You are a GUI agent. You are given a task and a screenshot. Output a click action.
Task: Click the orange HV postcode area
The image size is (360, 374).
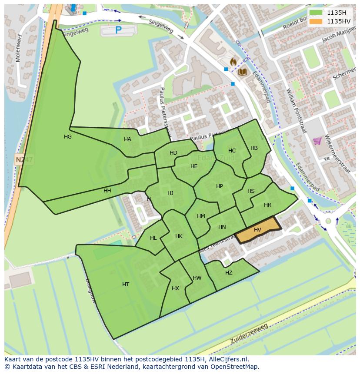pyautogui.click(x=258, y=230)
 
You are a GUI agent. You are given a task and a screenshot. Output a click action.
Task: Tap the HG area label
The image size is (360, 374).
pyautogui.click(x=68, y=137)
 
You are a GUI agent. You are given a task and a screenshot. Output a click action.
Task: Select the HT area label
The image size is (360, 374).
pyautogui.click(x=126, y=285)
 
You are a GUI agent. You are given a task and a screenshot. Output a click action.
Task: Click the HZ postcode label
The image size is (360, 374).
pyautogui.click(x=229, y=273)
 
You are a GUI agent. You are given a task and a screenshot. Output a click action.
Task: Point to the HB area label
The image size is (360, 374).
pyautogui.click(x=254, y=148)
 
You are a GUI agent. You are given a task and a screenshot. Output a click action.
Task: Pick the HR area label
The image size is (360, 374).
pyautogui.click(x=267, y=205)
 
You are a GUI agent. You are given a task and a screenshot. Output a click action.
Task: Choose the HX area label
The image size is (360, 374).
pyautogui.click(x=175, y=288)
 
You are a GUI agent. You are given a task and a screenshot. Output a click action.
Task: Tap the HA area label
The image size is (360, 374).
pyautogui.click(x=127, y=139)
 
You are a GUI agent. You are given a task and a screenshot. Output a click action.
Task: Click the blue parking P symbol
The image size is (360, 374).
pyautogui.click(x=118, y=30)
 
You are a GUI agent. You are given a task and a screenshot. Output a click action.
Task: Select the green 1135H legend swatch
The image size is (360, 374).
pyautogui.click(x=316, y=13)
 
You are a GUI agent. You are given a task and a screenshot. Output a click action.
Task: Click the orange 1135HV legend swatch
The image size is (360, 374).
pyautogui.click(x=316, y=21)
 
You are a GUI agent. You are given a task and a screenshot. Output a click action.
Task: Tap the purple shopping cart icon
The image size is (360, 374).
pyautogui.click(x=317, y=141)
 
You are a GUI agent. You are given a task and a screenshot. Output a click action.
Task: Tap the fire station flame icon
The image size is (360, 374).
pyautogui.click(x=233, y=62)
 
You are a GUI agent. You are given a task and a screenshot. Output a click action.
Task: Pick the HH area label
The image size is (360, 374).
pyautogui.click(x=107, y=191)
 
